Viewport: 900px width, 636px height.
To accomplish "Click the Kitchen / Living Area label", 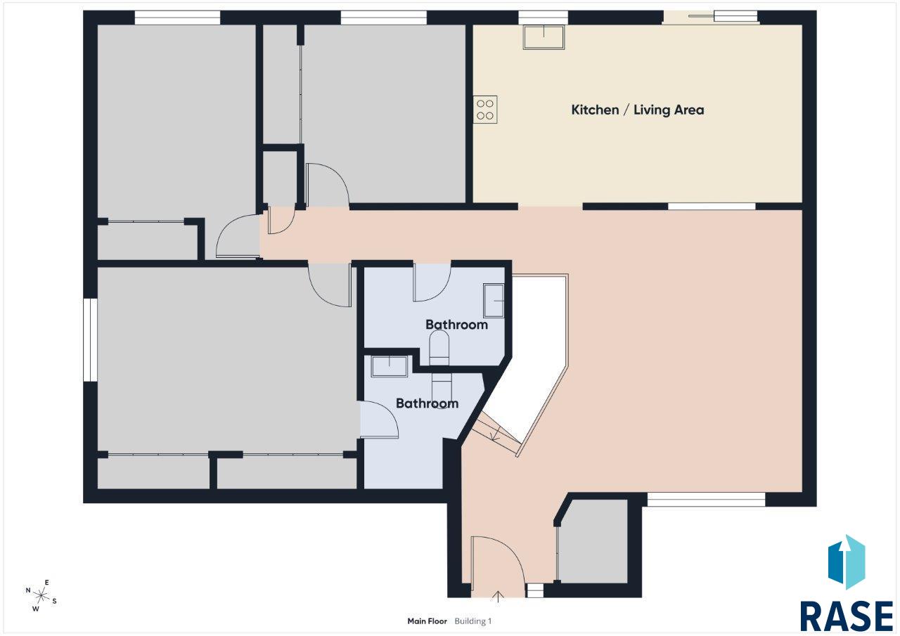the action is [x=637, y=110].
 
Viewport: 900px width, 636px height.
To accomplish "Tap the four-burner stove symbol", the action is [x=485, y=109].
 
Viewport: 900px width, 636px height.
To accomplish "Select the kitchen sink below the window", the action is [x=544, y=37].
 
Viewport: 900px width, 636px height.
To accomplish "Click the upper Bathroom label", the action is [x=456, y=325].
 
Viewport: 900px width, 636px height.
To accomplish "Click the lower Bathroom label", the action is [x=427, y=403].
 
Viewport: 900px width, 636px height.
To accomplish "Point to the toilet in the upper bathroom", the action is [x=439, y=348].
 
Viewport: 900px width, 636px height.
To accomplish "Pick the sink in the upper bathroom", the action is [x=494, y=300].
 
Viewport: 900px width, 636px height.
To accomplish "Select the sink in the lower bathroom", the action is [x=389, y=366].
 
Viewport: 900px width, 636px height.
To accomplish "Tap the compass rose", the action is [x=41, y=595].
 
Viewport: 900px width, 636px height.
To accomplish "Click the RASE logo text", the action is [x=847, y=616].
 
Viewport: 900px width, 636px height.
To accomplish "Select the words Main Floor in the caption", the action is [x=427, y=621].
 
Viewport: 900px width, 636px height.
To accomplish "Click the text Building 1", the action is [x=473, y=621].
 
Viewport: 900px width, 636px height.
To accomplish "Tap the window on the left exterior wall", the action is [x=91, y=339].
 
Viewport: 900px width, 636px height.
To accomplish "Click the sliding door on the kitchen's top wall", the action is [x=711, y=18].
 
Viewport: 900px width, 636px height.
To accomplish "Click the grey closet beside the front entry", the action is [x=593, y=541].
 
